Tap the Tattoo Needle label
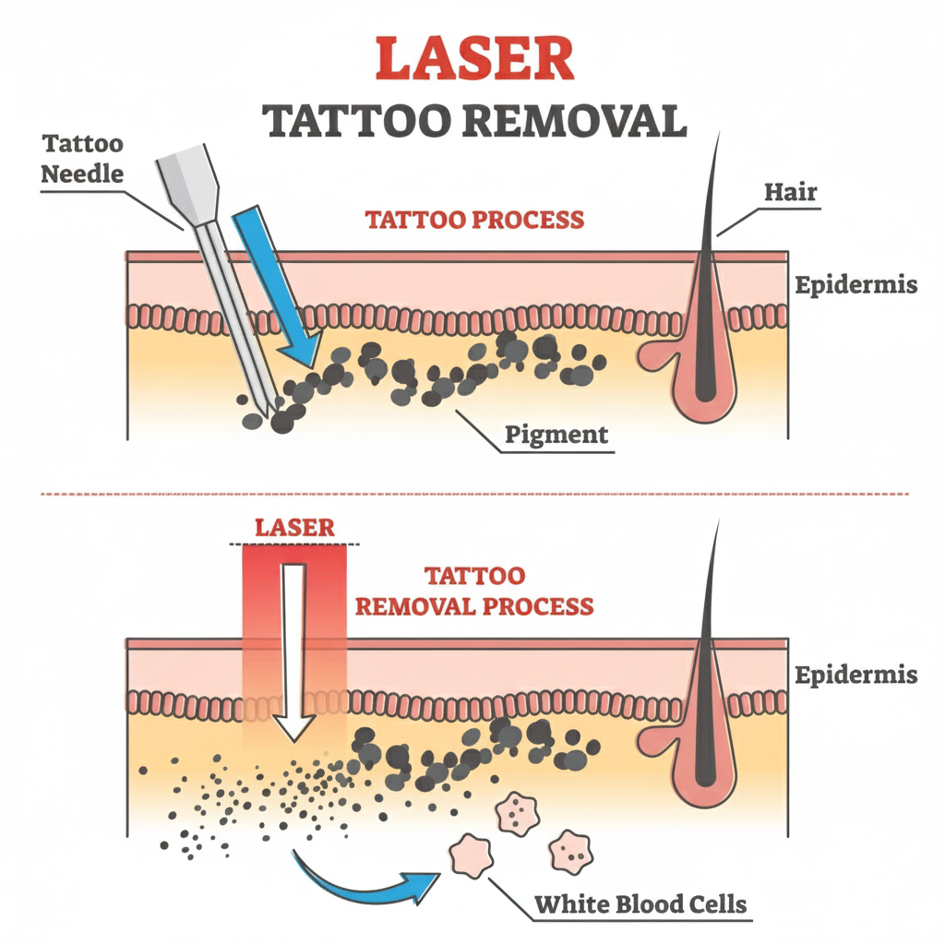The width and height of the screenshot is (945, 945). click(x=83, y=158)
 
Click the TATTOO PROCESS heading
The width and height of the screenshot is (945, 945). click(x=474, y=220)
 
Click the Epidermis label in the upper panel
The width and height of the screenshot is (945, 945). click(x=855, y=284)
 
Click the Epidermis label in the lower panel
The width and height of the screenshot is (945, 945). click(x=855, y=674)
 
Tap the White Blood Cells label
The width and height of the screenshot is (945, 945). click(x=641, y=903)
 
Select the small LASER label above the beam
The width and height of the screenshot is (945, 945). click(x=293, y=529)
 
